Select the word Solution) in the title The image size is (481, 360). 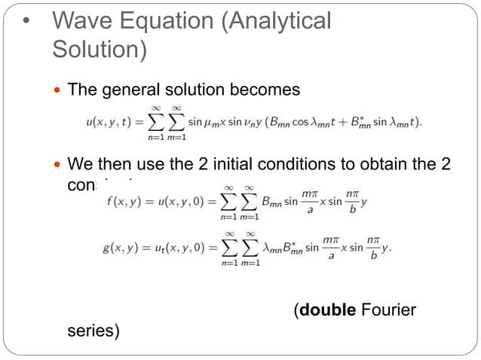point(98,50)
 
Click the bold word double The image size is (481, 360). point(327,310)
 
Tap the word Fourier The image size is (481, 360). point(389,310)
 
